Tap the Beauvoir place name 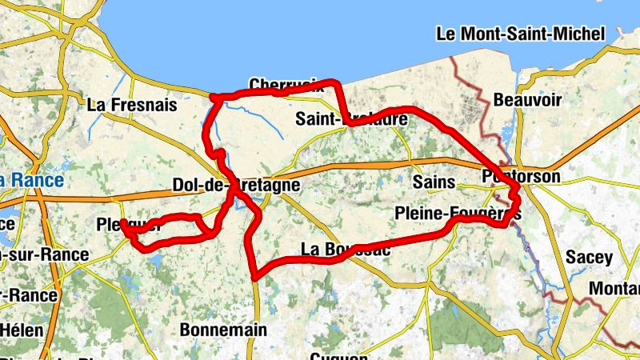pos(527,100)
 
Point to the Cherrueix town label pos(286,85)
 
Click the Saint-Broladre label pos(351,119)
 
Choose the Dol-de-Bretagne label pos(236,186)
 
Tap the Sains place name pos(434,182)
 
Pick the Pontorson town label pos(521,176)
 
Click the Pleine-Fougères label pos(458,214)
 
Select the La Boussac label pos(345,250)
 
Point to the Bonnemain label pos(222,329)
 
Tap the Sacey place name pos(589,258)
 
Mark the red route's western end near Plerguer pos(123,223)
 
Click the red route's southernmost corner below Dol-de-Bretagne pos(254,277)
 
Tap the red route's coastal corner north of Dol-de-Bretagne pos(213,98)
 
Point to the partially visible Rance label pos(32,181)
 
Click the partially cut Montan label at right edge pos(614,288)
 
